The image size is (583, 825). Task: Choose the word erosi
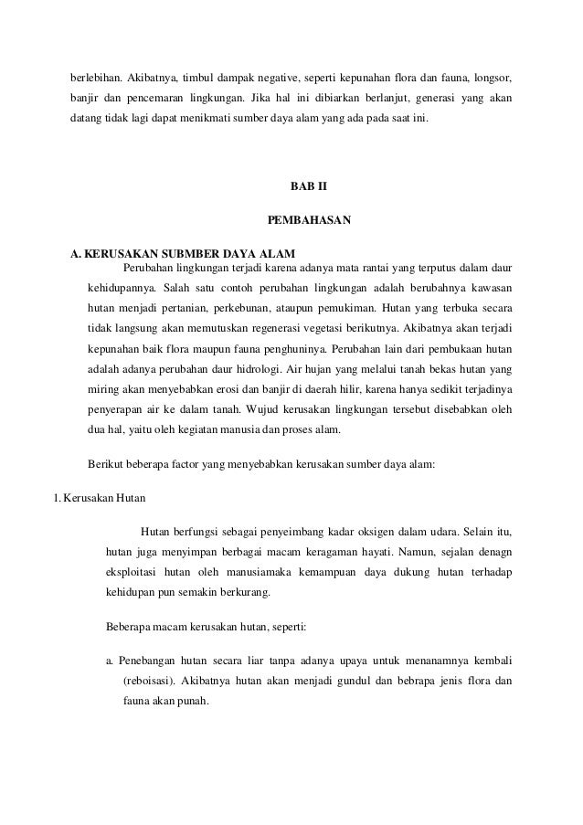(229, 395)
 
